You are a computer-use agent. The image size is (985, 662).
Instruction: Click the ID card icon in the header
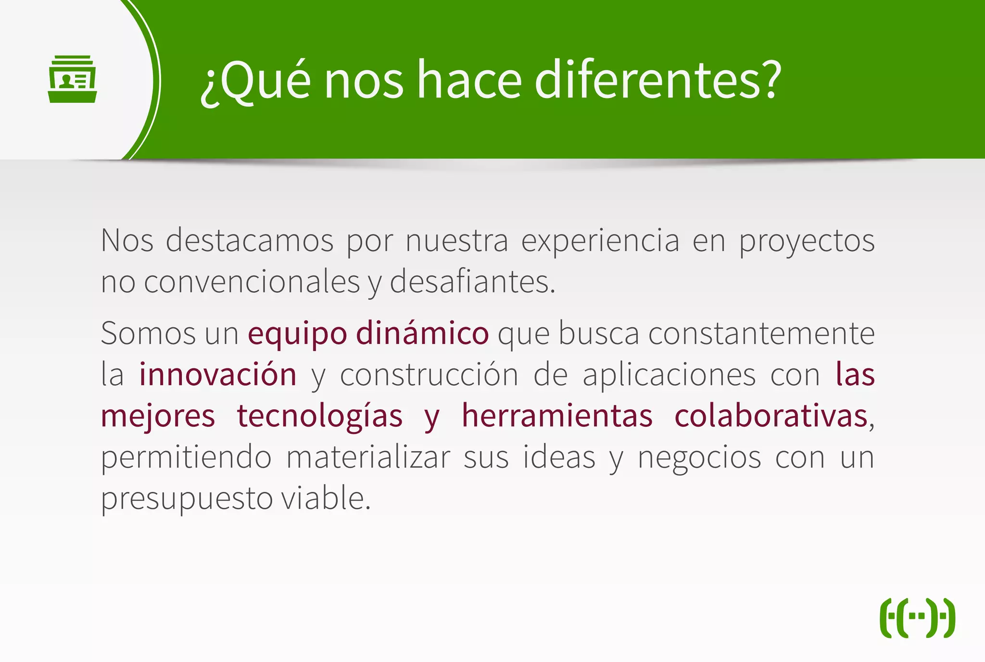click(x=73, y=79)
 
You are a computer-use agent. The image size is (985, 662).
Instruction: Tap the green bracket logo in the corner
click(x=917, y=618)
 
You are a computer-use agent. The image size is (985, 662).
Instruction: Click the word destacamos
click(x=250, y=240)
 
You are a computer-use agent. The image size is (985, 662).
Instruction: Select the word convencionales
click(x=252, y=282)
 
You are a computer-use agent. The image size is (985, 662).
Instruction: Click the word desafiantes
click(x=472, y=282)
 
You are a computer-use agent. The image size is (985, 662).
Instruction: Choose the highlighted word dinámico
click(x=422, y=332)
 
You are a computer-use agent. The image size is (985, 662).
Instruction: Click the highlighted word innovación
click(x=218, y=374)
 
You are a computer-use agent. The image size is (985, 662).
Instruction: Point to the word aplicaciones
click(x=669, y=374)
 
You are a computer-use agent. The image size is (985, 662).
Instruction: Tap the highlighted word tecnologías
click(x=320, y=416)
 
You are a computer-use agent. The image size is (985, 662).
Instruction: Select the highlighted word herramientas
click(x=557, y=416)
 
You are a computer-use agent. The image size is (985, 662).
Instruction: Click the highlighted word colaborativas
click(x=771, y=416)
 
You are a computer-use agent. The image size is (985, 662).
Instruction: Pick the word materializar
click(x=368, y=457)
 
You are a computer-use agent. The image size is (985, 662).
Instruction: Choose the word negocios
click(x=699, y=457)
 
